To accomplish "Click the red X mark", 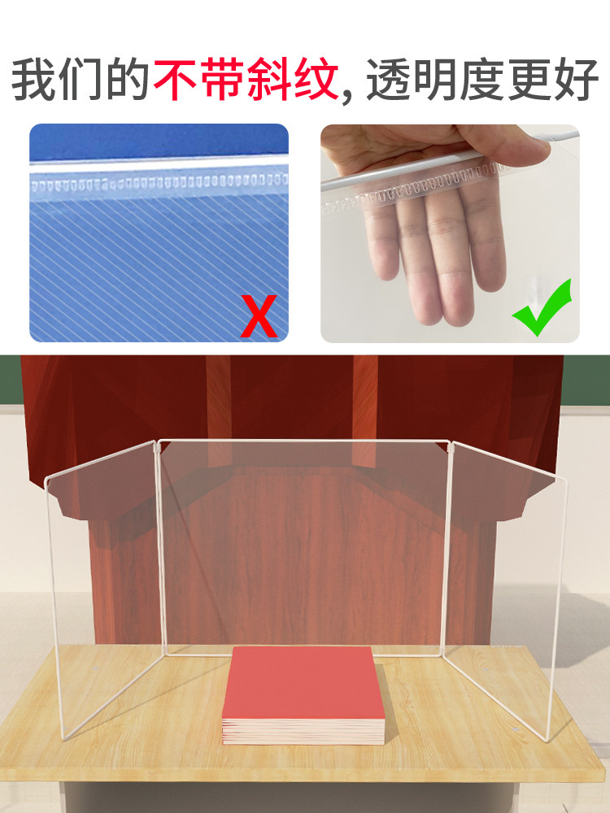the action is point(259,315).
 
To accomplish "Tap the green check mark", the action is point(541,307).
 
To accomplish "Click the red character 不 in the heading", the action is point(176,80).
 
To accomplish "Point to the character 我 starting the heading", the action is point(33,80).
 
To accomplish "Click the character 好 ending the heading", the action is point(577,80).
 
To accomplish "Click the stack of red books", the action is point(303,695).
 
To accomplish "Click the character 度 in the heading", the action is point(482,80).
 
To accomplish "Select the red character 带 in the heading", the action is point(222,80).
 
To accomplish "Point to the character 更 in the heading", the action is point(529,80).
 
